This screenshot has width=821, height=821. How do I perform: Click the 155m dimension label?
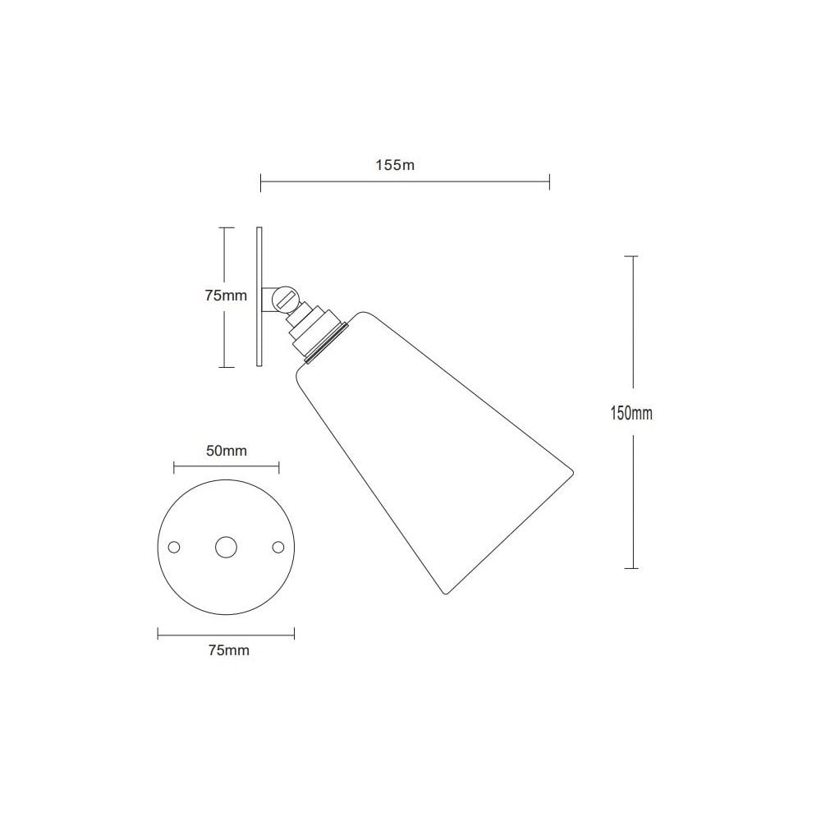(x=395, y=165)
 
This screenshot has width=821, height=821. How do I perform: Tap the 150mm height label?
(x=631, y=413)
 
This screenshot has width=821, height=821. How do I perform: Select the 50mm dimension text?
(x=226, y=451)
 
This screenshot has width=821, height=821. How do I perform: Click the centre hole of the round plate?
(x=226, y=547)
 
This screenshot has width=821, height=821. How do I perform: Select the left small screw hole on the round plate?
(x=173, y=547)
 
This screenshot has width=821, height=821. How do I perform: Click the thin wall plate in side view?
(x=259, y=296)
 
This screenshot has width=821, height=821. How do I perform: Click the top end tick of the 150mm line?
(x=631, y=256)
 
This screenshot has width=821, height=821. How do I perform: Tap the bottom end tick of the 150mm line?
(x=631, y=568)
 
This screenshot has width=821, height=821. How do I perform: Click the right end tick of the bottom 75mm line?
(x=295, y=633)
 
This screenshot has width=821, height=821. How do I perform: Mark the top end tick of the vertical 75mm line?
(x=224, y=227)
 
